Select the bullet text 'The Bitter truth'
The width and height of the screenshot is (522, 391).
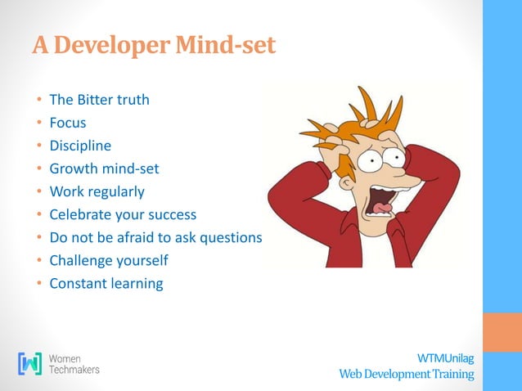99,101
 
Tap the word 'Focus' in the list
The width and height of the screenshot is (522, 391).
67,124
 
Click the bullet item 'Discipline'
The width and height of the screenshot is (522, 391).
80,146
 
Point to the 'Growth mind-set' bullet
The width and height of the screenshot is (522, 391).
104,169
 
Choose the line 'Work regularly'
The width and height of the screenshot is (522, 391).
97,192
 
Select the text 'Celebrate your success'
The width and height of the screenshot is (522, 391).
124,215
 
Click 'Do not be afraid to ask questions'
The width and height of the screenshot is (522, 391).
155,238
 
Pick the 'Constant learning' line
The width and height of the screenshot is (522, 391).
106,284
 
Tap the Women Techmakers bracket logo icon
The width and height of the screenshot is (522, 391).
29,363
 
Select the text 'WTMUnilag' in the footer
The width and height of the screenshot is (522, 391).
445,358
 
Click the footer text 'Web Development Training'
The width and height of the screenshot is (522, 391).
407,374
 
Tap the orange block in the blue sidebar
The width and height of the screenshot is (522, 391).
502,332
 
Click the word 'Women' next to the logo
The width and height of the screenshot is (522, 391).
65,357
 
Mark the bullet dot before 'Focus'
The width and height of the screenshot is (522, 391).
38,124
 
